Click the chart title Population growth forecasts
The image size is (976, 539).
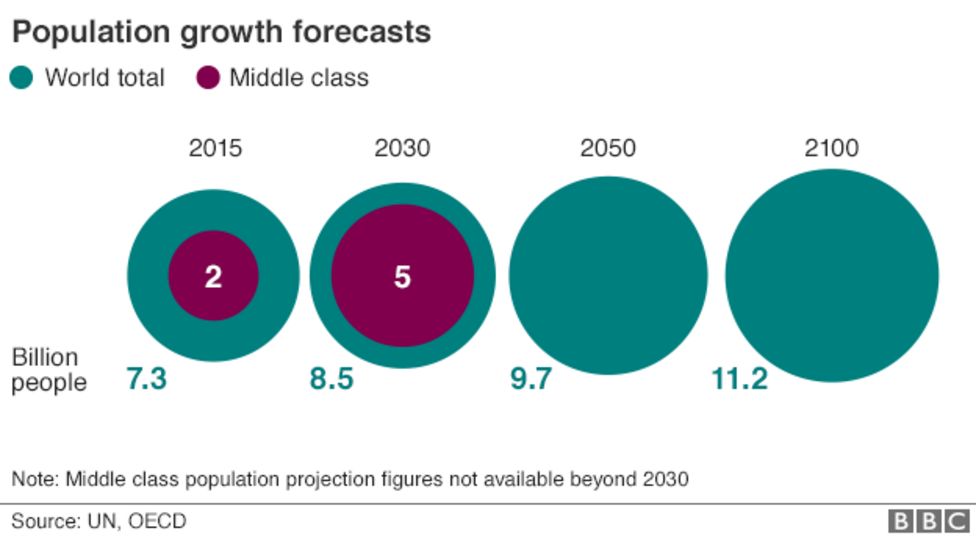(x=221, y=32)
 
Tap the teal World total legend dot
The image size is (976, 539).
(x=22, y=77)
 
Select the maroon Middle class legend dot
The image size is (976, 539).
(x=208, y=77)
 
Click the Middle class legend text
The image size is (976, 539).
(x=299, y=77)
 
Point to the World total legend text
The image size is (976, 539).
(x=104, y=77)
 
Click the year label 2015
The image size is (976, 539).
(x=215, y=149)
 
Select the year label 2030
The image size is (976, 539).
(x=402, y=149)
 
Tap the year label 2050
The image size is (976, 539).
(x=608, y=149)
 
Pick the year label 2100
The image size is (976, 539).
(x=831, y=149)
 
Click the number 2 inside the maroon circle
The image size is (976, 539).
(x=213, y=277)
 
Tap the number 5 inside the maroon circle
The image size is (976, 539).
(x=402, y=277)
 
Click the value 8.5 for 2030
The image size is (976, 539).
(x=331, y=379)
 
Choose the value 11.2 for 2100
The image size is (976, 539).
(x=739, y=379)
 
